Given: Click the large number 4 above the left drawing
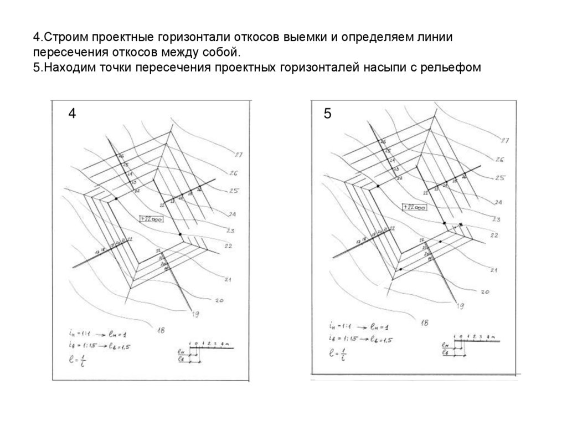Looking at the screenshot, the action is (72, 114).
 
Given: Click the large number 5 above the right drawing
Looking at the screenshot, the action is (328, 114).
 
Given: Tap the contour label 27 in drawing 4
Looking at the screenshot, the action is (239, 155).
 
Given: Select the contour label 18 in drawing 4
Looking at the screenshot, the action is (161, 331).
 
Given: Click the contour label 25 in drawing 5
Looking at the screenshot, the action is (499, 178).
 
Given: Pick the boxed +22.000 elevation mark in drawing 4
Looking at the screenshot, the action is (151, 218).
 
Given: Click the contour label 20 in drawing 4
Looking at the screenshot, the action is (218, 301).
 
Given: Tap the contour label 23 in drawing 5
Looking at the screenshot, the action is (496, 220).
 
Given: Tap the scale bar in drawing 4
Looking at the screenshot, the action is (210, 347).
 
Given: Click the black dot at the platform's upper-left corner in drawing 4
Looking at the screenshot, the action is (116, 198).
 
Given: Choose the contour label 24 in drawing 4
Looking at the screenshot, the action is (232, 214).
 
